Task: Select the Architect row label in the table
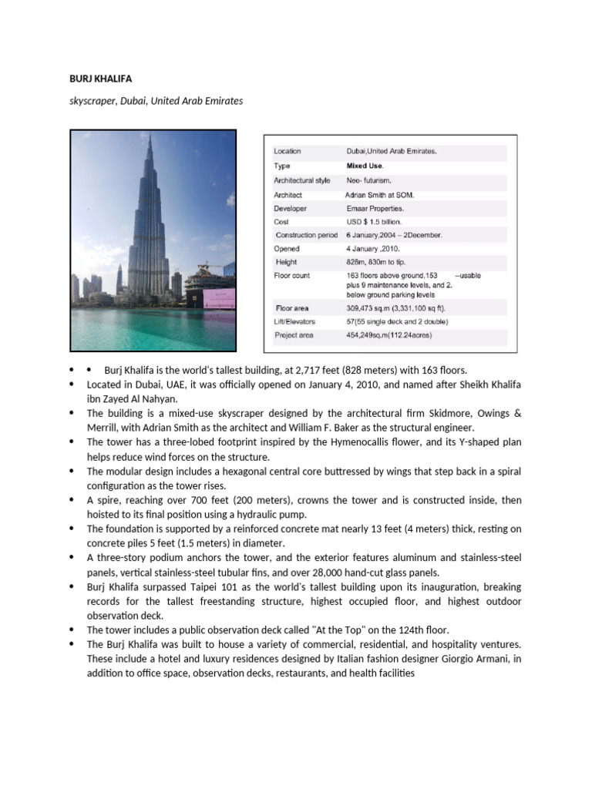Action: [288, 195]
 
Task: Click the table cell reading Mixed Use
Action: [365, 166]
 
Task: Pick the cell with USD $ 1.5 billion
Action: [381, 221]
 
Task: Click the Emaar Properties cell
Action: [375, 208]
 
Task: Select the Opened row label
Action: [287, 249]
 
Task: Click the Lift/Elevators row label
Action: [294, 321]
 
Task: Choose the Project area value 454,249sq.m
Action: [388, 335]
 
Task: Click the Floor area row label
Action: [291, 308]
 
